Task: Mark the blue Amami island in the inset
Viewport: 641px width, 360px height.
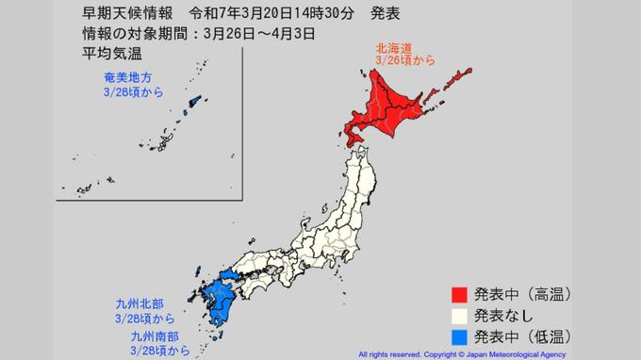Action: point(196,102)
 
